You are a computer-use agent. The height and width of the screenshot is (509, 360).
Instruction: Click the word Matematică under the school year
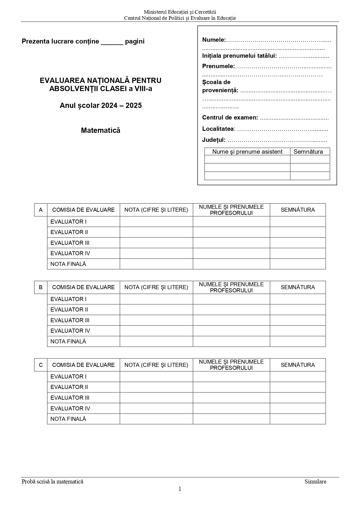click(100, 131)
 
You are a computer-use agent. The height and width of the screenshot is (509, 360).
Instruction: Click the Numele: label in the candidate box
click(214, 40)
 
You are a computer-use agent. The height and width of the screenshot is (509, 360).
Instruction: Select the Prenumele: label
click(218, 66)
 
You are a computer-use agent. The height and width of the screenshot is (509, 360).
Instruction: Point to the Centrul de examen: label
click(230, 118)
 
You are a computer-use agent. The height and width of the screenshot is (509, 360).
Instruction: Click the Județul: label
click(214, 140)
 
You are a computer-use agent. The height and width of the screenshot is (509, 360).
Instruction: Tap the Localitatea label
click(218, 129)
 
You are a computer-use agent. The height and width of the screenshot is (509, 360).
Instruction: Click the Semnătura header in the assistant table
click(308, 152)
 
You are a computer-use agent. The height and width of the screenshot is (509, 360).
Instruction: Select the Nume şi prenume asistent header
click(247, 152)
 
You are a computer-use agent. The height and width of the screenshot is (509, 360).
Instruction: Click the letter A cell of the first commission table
click(41, 210)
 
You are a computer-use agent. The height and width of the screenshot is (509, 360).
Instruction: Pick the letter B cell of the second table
click(41, 287)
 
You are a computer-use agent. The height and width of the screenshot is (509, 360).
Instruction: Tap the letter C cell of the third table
click(41, 365)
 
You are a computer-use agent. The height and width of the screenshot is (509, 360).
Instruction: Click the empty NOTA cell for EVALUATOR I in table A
click(156, 222)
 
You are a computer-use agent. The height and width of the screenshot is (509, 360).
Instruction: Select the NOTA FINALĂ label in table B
click(68, 342)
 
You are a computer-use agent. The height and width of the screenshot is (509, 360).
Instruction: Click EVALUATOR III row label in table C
click(70, 398)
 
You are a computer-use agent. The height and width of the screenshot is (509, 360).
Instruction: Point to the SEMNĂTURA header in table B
click(298, 287)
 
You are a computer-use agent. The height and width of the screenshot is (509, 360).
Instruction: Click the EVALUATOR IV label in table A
click(70, 253)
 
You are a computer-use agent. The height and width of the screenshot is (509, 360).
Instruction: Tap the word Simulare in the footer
click(315, 482)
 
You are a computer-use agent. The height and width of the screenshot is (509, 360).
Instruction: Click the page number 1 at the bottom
click(180, 489)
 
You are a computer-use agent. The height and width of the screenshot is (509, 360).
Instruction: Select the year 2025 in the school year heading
click(134, 106)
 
